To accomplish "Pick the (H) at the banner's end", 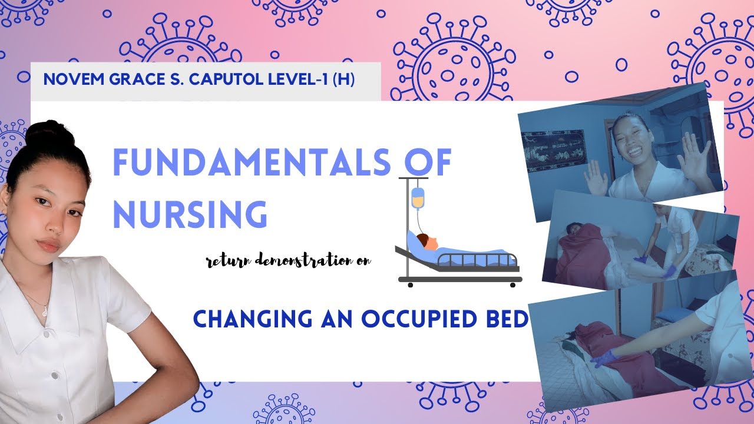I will point(343,79).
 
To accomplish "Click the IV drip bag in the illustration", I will point(417,198).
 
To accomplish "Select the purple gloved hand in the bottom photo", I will point(604,358).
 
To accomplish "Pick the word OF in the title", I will point(427,163).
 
